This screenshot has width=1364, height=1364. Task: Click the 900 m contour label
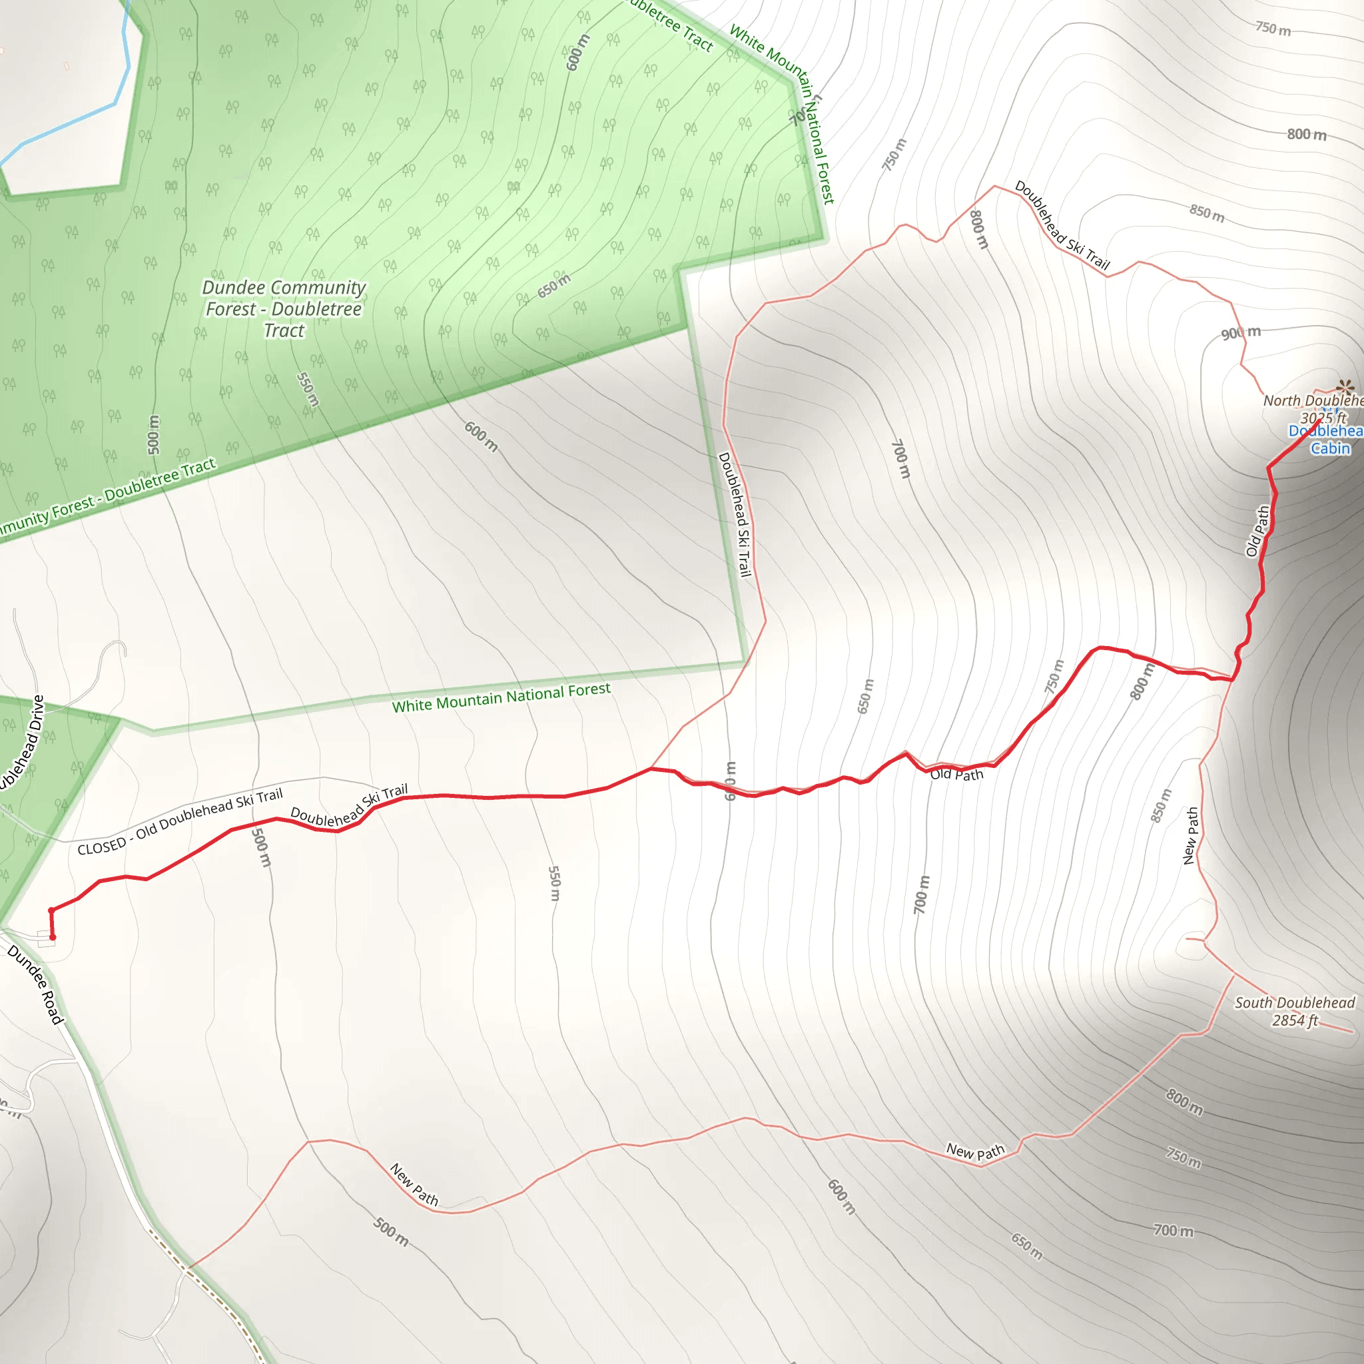[1240, 332]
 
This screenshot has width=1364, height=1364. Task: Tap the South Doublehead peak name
[1295, 1002]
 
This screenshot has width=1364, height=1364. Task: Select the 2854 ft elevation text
[1295, 1021]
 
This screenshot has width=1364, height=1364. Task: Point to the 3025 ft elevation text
[1323, 418]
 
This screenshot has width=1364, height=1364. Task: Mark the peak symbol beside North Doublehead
[1345, 386]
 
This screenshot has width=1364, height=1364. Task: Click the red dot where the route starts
[52, 938]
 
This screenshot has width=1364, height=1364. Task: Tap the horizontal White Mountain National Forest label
[502, 697]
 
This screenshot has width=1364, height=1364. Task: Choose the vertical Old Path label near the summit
[1257, 531]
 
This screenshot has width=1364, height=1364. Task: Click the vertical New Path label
[1191, 836]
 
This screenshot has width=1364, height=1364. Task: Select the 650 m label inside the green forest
[553, 285]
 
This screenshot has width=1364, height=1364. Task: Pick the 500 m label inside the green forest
[153, 435]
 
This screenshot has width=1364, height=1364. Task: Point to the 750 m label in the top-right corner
[1273, 29]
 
